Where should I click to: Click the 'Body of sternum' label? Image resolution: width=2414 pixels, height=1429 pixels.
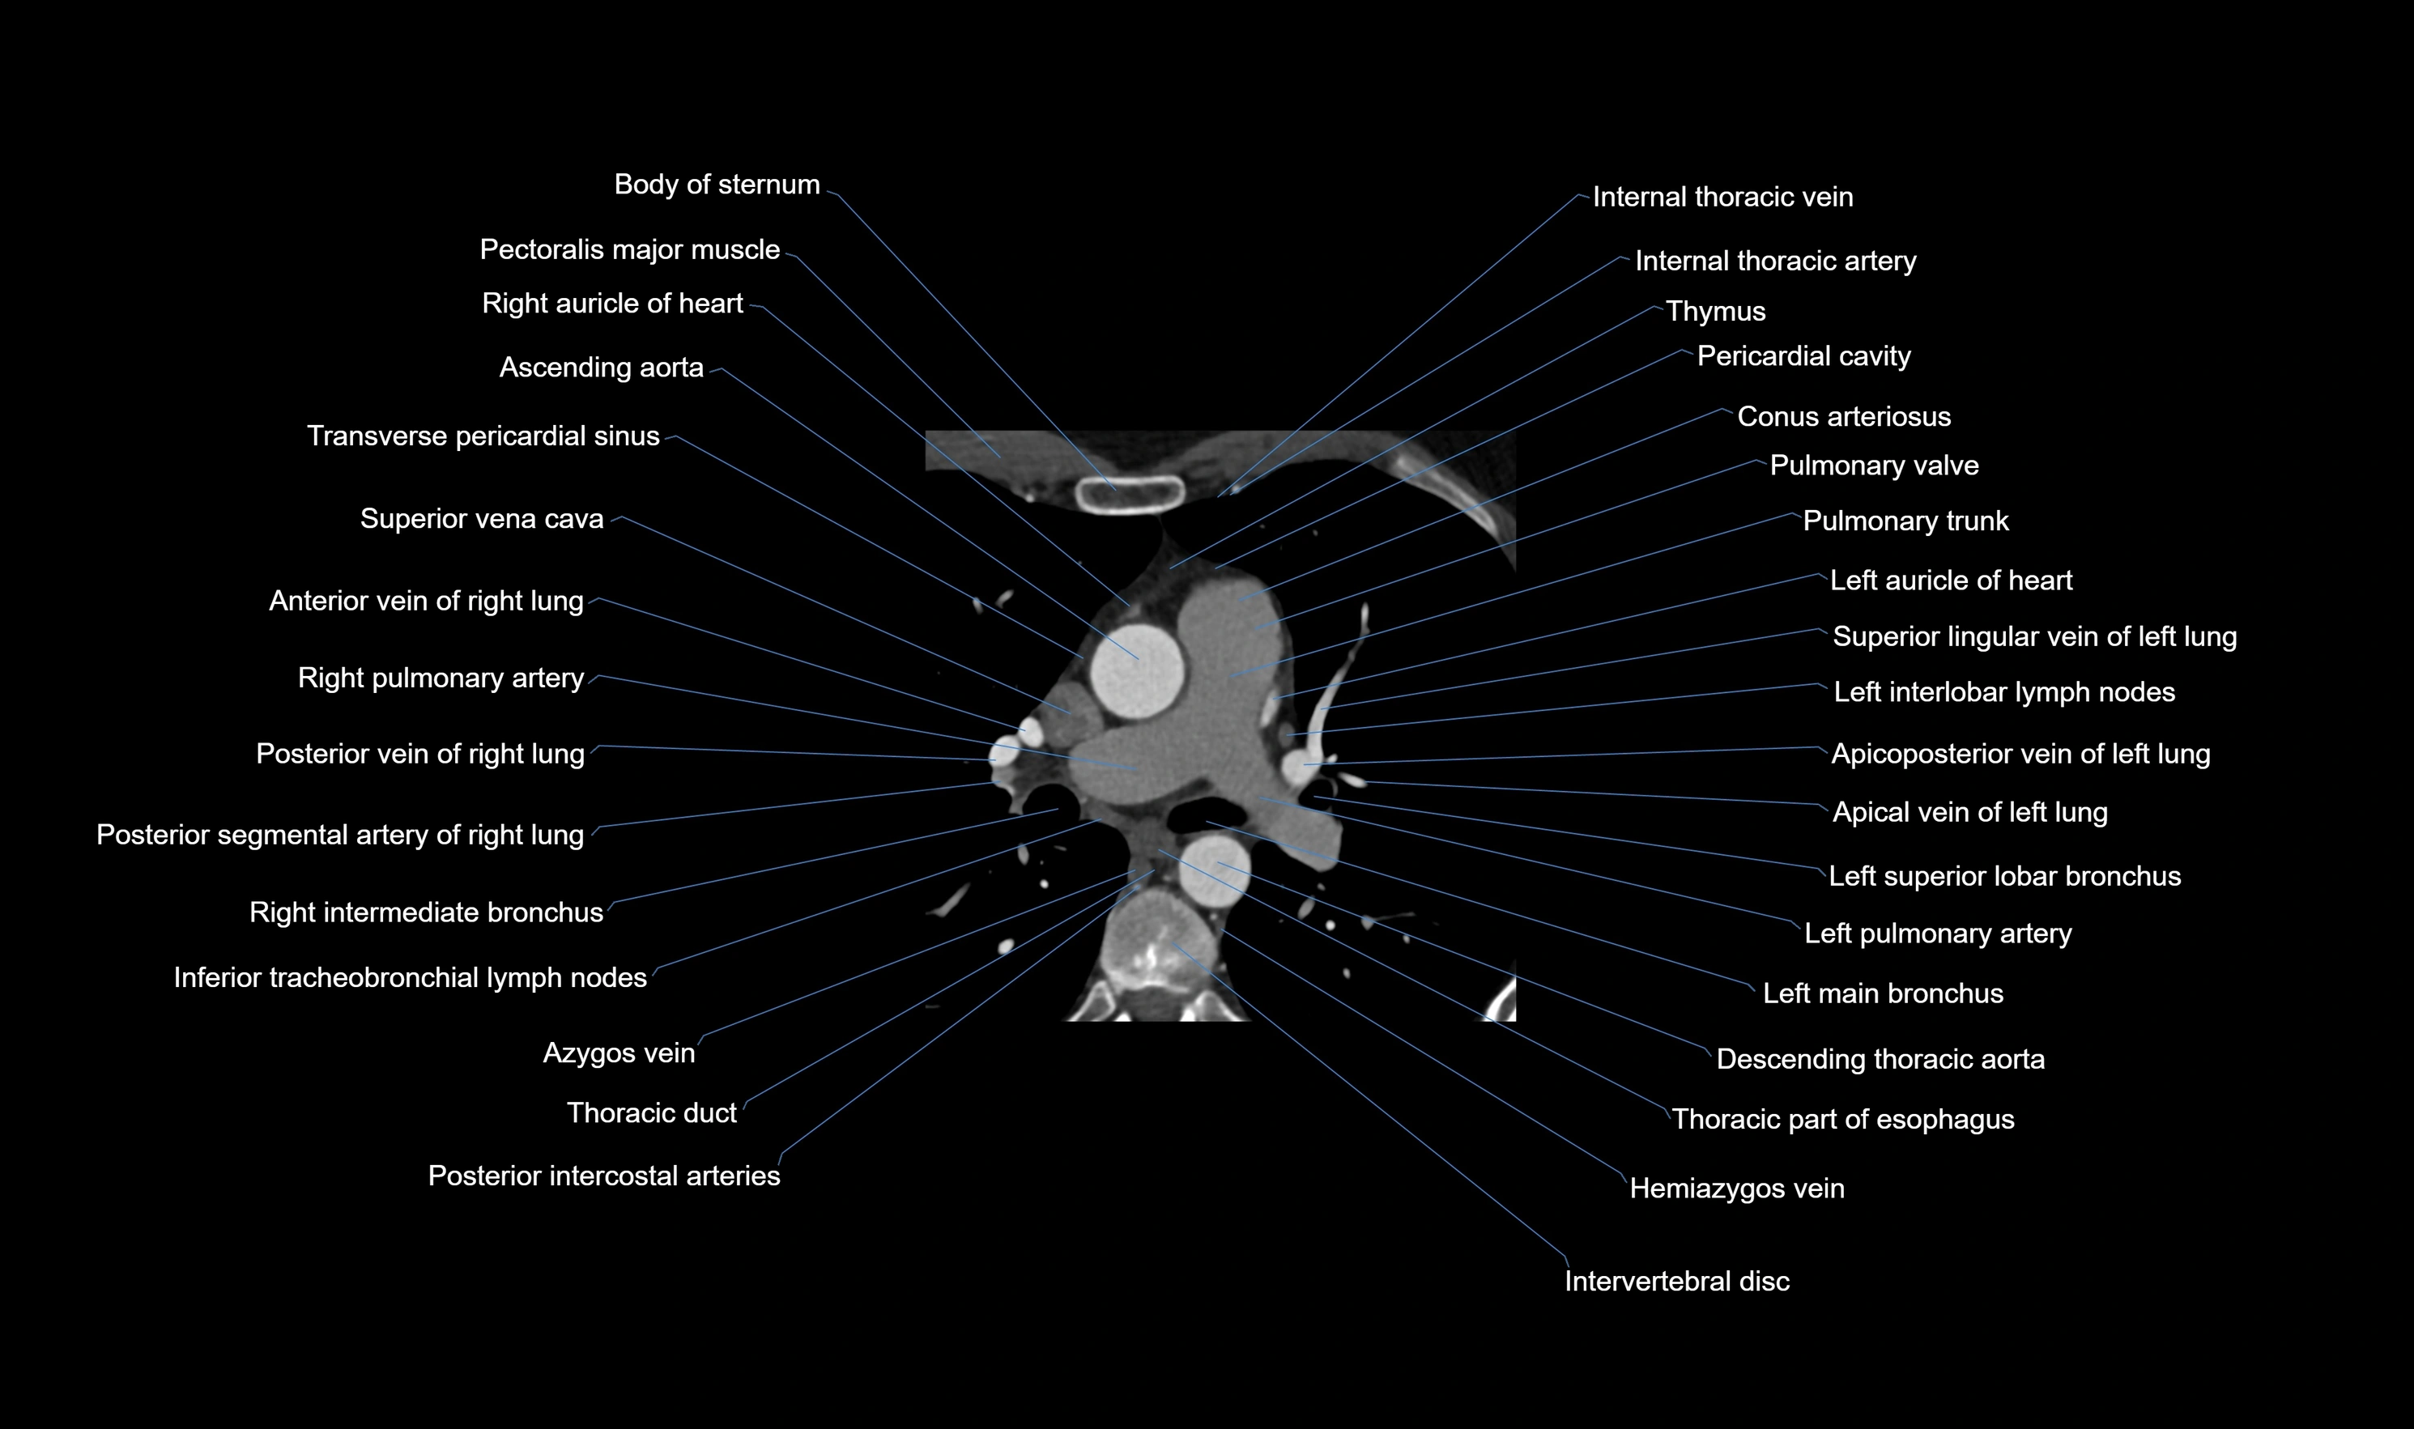point(717,184)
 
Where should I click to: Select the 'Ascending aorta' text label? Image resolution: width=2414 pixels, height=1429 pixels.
point(601,367)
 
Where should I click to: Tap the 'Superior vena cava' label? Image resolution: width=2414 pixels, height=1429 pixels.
point(482,518)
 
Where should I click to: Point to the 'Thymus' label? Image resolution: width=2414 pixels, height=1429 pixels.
point(1715,311)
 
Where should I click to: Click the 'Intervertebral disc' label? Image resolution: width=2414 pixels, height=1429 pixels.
point(1676,1281)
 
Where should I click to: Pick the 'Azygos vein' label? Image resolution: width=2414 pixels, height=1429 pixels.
point(618,1053)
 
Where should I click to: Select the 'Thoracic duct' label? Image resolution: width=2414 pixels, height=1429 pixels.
point(651,1112)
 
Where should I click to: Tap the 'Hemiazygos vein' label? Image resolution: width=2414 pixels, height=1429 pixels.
point(1736,1189)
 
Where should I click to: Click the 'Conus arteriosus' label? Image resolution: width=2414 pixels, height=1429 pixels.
point(1843,416)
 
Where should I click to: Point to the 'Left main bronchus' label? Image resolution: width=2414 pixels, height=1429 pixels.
point(1883,993)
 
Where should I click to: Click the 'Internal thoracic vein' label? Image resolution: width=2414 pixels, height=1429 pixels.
point(1722,197)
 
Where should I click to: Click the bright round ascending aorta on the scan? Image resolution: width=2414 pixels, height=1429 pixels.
point(1137,670)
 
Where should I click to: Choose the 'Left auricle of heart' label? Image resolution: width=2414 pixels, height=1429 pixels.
point(1950,580)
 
